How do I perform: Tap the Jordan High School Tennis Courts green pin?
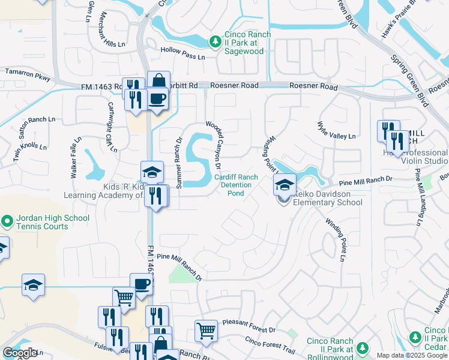point(7,222)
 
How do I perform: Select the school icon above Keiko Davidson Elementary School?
point(285,185)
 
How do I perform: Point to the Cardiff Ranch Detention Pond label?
point(236,185)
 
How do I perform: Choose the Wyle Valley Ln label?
point(336,136)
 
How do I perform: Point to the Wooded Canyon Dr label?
point(214,145)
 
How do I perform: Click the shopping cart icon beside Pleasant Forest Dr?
point(206,330)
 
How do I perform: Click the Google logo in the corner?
point(20,353)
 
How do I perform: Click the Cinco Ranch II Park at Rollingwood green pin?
point(362,348)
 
